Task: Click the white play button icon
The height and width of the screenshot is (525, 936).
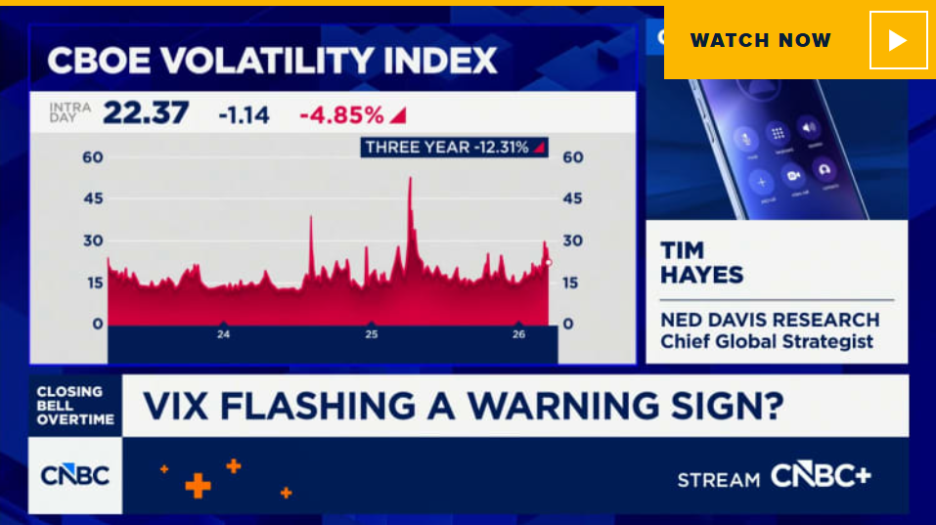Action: click(x=898, y=40)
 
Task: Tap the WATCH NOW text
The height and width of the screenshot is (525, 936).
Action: click(x=760, y=40)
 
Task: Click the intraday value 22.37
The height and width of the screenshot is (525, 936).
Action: click(x=146, y=114)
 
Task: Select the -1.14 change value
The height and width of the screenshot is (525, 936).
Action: click(x=244, y=115)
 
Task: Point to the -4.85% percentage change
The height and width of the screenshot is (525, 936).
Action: click(x=341, y=115)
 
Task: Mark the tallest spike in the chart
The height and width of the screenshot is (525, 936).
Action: click(x=410, y=180)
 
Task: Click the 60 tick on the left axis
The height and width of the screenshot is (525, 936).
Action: click(x=92, y=157)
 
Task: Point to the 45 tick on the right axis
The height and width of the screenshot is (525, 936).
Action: click(x=572, y=198)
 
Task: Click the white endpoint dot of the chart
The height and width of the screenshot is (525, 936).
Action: click(x=548, y=262)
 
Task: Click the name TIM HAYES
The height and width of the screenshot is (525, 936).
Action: click(x=702, y=262)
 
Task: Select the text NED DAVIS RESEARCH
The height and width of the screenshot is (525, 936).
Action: click(x=769, y=320)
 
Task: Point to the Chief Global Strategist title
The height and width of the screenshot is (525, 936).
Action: click(x=767, y=341)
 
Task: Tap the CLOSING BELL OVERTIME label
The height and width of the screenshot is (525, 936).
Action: click(x=75, y=405)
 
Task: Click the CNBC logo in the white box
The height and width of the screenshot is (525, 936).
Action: click(x=75, y=476)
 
